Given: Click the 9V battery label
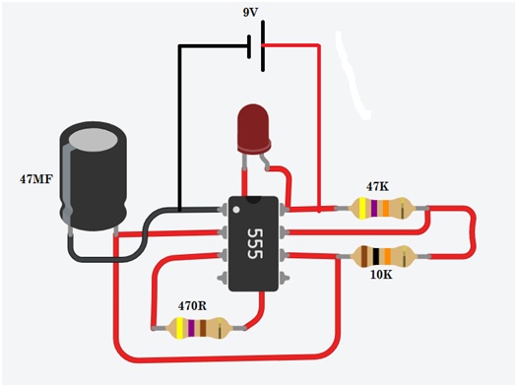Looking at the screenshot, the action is coord(250,13).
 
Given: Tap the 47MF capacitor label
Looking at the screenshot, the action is coord(36,179).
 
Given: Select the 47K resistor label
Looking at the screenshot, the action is coord(377,186).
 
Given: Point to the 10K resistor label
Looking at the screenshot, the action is coord(381,275).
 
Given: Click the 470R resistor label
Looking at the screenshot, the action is coord(192,306).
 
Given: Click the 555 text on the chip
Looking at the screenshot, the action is coord(254,243).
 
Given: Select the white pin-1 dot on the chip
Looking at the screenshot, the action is coord(236,210).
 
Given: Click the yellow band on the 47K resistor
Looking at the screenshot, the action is coord(362,209).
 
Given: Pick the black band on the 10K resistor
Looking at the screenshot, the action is coord(376,256).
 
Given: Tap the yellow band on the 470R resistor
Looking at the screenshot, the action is coord(179,328).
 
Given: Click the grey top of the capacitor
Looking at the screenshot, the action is coord(93,140).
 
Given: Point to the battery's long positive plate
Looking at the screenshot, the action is coord(263,46).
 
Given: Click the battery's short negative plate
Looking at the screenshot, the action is coord(249,46).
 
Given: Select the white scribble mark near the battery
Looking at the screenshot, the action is coord(352,77).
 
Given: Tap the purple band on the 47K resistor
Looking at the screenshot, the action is coord(373,209).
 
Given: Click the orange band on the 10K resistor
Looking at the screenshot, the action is coord(387,256).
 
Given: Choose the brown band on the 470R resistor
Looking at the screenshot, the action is coord(203,328).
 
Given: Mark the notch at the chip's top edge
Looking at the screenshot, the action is coord(253,200).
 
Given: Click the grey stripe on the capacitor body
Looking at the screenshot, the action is coord(67,184).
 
